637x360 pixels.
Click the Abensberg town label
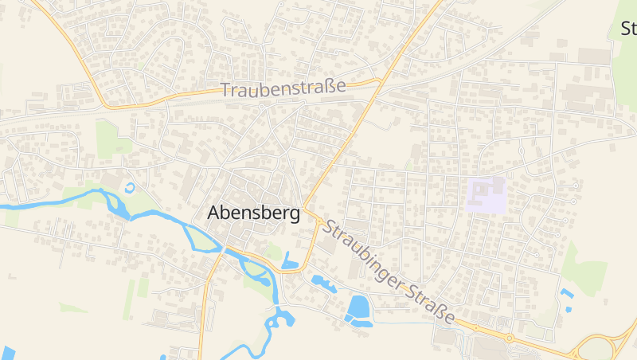pos(253,213)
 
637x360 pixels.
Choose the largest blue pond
pos(359,307)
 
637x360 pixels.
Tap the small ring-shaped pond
pos(130,188)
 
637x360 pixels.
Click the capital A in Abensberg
pos(213,213)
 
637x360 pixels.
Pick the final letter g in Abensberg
pos(295,215)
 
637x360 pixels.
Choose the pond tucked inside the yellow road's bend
pos(290,261)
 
